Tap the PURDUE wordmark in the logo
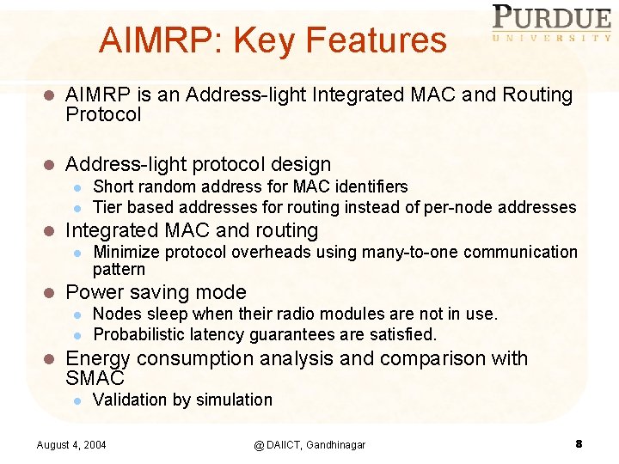[x=552, y=18]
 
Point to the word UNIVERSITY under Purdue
[x=552, y=38]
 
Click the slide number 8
[x=579, y=443]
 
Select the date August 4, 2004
[x=71, y=444]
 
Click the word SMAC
[x=95, y=377]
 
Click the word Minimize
[x=126, y=252]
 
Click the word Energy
[x=97, y=358]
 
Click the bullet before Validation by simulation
[x=77, y=400]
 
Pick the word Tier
[x=107, y=207]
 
